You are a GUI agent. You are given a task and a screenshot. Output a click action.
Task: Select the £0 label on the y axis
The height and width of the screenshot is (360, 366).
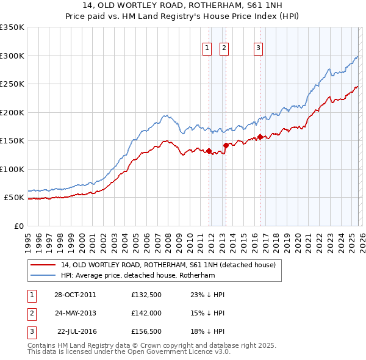pyautogui.click(x=18, y=226)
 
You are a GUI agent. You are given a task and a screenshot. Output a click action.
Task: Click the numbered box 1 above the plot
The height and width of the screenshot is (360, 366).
pyautogui.click(x=207, y=48)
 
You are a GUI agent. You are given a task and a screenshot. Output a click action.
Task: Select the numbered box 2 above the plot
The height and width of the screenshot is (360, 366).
pyautogui.click(x=224, y=48)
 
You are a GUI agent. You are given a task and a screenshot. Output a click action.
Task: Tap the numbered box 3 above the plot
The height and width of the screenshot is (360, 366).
pyautogui.click(x=258, y=48)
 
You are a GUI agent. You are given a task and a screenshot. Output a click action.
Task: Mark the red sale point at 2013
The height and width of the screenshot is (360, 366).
pyautogui.click(x=226, y=145)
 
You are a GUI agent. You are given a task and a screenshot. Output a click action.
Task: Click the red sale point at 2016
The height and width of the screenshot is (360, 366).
pyautogui.click(x=260, y=137)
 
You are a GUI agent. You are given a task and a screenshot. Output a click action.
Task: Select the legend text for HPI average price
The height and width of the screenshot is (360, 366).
pyautogui.click(x=146, y=276)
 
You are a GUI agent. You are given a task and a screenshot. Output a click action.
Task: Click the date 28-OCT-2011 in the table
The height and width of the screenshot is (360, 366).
pyautogui.click(x=74, y=295)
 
